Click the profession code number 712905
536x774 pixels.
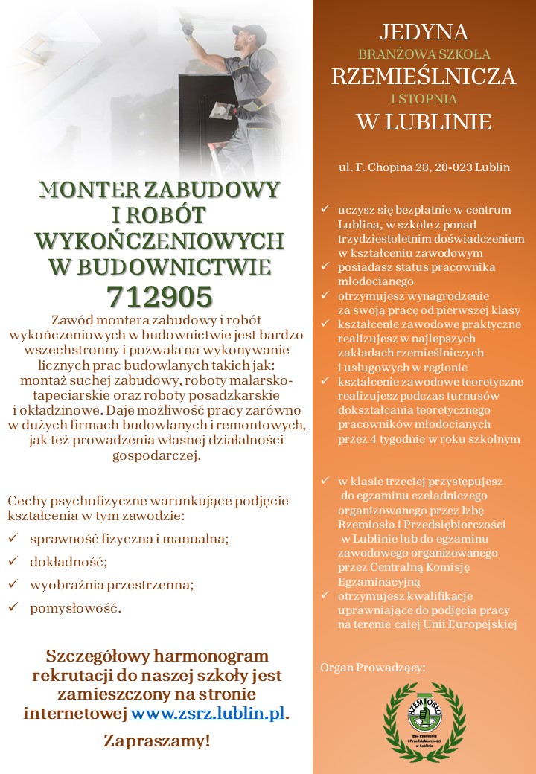click(160, 296)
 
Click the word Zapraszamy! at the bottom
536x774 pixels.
click(157, 741)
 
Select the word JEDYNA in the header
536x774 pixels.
click(424, 32)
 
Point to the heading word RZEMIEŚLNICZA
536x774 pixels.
click(424, 77)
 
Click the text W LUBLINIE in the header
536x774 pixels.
click(424, 121)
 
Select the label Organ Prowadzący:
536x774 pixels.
click(372, 668)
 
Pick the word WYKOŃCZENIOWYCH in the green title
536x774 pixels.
click(160, 240)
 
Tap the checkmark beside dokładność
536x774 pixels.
click(13, 561)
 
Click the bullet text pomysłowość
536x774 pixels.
click(74, 608)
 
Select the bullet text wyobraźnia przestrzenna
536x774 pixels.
click(111, 585)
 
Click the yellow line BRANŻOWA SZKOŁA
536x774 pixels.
click(424, 54)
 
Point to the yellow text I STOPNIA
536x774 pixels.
click(424, 98)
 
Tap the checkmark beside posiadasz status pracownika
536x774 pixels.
click(325, 266)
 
